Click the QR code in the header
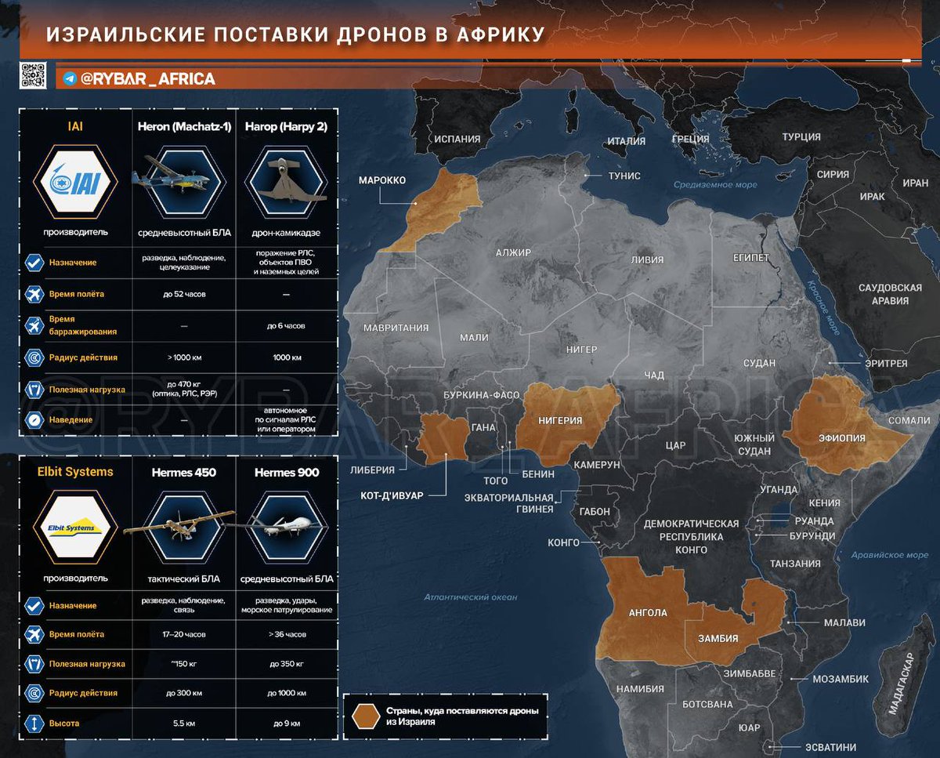coord(33,75)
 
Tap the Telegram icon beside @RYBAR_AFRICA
coord(70,78)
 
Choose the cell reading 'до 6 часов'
coord(286,325)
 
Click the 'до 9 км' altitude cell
coord(286,723)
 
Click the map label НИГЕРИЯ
coord(560,421)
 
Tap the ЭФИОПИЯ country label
coord(841,438)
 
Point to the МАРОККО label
coord(381,180)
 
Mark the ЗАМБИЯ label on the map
coord(718,638)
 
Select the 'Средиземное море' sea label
coord(715,185)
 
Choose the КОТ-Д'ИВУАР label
coord(392,495)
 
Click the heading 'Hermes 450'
coord(183,473)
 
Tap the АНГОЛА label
coord(648,612)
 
